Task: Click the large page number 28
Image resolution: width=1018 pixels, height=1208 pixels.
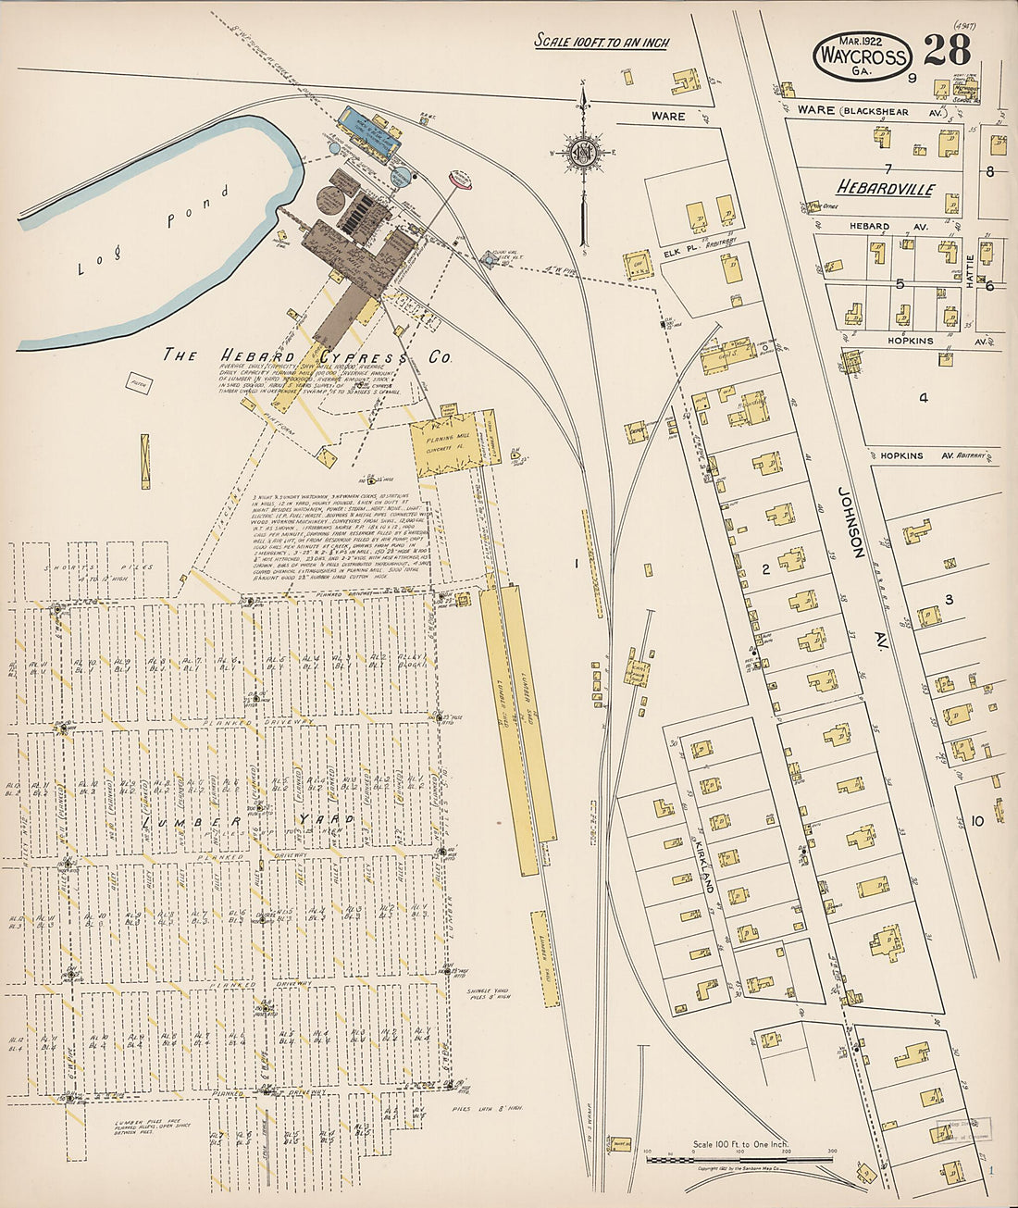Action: [x=947, y=48]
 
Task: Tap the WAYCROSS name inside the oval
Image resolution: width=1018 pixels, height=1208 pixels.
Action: [x=861, y=57]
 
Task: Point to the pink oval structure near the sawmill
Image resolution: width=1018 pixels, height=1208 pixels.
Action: [x=460, y=179]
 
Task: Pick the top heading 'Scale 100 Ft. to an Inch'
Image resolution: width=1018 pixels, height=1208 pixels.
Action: [x=601, y=42]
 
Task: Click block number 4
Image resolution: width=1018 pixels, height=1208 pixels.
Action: [x=922, y=398]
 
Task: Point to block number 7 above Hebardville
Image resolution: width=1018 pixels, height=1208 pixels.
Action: [x=887, y=168]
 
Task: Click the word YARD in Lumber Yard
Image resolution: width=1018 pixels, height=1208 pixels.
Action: [x=319, y=820]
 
